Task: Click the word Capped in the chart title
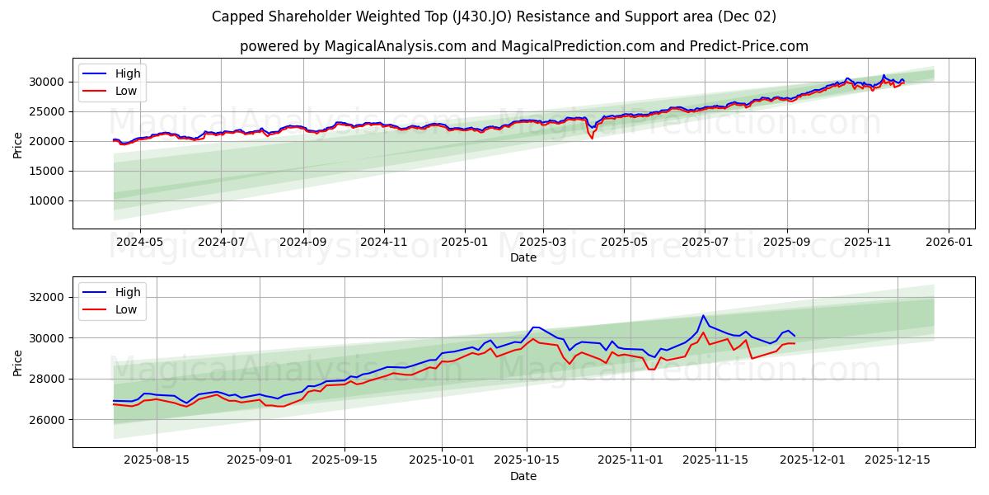[236, 16]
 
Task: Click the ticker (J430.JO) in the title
[481, 16]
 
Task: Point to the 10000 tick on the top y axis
[49, 201]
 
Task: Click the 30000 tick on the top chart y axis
[49, 82]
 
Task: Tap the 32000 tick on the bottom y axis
[49, 297]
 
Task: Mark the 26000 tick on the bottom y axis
[49, 420]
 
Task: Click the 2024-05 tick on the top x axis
[139, 242]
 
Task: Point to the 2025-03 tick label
[543, 242]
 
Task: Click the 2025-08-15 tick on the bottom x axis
[157, 460]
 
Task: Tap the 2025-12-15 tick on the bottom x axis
[898, 460]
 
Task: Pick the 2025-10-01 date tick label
[443, 460]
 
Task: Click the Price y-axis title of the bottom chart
[18, 361]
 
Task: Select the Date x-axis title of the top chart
[523, 257]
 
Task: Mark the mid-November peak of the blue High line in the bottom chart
[703, 316]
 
